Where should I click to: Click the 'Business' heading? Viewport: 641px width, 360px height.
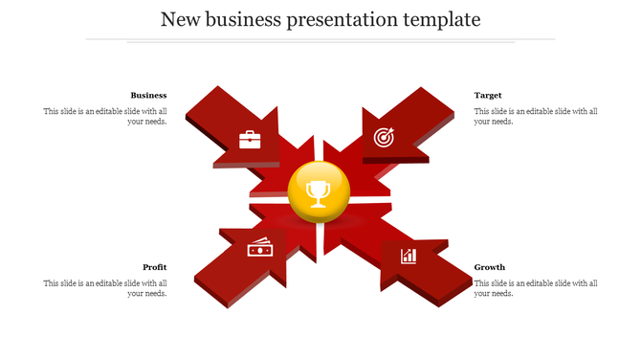[x=148, y=95]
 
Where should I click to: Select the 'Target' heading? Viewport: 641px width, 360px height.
[x=488, y=95]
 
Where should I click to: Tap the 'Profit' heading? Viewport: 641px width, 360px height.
[x=155, y=267]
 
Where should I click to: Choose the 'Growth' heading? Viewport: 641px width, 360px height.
[x=490, y=267]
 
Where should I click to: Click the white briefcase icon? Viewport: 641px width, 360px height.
[x=250, y=140]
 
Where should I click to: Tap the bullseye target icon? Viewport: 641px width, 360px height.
[x=383, y=138]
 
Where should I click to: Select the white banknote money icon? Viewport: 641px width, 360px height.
[x=259, y=248]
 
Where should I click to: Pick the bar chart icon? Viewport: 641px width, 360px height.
[x=409, y=256]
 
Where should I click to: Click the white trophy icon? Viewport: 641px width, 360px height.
[x=319, y=193]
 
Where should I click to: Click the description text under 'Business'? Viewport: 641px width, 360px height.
[x=105, y=116]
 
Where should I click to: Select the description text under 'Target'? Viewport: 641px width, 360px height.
[x=536, y=116]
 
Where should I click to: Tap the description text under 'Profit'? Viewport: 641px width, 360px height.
[x=105, y=288]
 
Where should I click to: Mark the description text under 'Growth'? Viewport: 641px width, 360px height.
[x=536, y=288]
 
